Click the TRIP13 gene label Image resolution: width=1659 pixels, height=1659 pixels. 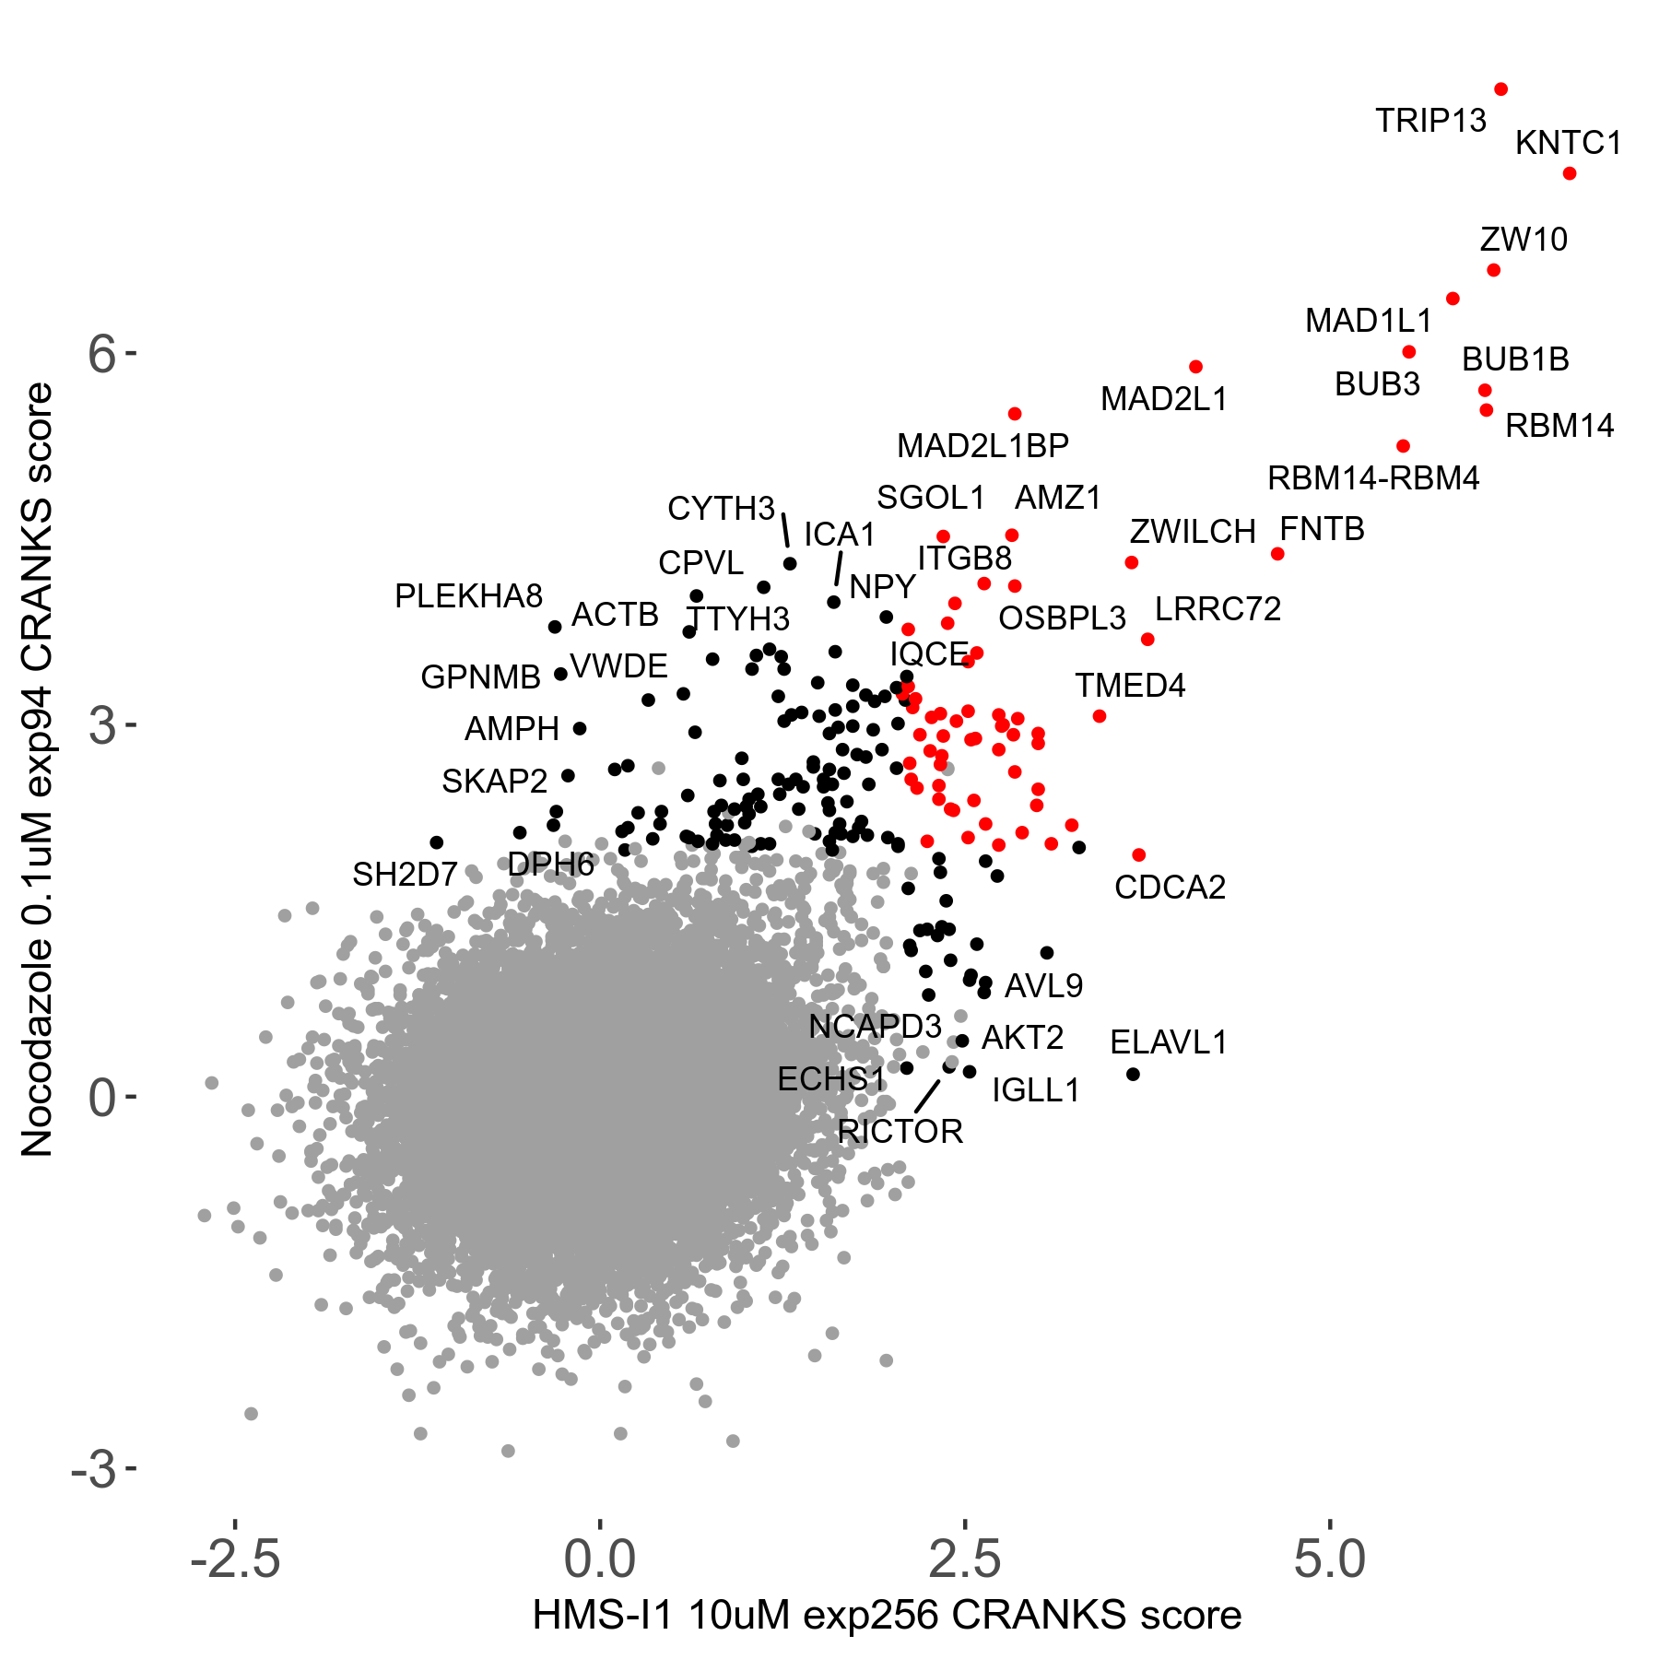point(1430,121)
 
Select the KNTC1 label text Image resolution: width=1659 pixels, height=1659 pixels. point(1568,143)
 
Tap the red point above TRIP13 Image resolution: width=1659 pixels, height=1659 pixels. point(1500,89)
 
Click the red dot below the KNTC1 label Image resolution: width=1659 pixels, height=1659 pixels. point(1570,173)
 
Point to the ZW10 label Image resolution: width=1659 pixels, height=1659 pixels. point(1524,240)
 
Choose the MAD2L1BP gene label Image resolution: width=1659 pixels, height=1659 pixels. point(982,446)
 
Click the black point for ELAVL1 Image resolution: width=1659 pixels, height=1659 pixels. point(1134,1074)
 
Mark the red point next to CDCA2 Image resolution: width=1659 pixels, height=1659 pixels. point(1139,855)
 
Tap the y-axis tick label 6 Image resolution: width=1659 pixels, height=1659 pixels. point(102,354)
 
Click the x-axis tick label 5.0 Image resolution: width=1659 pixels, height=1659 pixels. point(1329,1559)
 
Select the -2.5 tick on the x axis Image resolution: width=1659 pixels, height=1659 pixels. point(235,1559)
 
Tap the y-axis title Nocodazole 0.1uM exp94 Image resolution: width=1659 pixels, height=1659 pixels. point(39,770)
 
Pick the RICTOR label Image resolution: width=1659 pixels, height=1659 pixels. point(900,1131)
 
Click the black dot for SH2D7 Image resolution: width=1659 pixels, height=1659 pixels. point(437,842)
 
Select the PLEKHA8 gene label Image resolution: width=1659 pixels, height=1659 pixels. point(468,596)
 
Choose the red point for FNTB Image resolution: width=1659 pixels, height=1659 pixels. point(1277,554)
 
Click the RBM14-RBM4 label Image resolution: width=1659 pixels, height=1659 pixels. point(1372,478)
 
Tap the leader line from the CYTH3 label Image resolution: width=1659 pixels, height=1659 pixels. point(785,531)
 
